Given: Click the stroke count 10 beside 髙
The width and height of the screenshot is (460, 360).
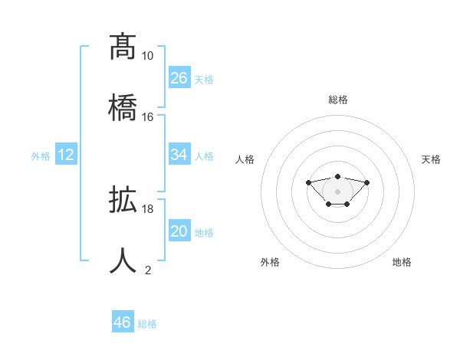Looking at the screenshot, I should coord(147,56).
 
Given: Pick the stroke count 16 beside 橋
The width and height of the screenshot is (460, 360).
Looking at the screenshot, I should coord(147,116).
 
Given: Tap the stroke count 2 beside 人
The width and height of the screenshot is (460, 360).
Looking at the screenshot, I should coord(148,270).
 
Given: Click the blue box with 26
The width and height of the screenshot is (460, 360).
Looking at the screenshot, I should coord(179,77).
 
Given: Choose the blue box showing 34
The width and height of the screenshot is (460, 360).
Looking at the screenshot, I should coord(179,155).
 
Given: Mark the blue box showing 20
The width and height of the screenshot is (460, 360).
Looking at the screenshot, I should coord(179,231).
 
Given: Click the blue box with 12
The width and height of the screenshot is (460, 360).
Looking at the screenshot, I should coord(66,155).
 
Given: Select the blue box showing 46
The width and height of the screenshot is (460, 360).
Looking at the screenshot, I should coord(123,322).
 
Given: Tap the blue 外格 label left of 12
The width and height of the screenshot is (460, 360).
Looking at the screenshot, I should coord(41,156).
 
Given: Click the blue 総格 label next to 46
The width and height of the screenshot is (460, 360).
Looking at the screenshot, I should coord(147,324).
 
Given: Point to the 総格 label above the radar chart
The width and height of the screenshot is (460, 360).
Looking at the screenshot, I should coord(337,100).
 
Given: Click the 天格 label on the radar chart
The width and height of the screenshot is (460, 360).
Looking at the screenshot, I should coord(431,159).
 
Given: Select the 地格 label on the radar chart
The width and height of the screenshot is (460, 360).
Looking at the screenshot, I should coord(402,262).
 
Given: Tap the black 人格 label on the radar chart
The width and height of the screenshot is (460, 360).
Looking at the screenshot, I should coord(245,159).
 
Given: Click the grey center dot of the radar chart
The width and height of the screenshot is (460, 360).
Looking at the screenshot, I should coord(337,191).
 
